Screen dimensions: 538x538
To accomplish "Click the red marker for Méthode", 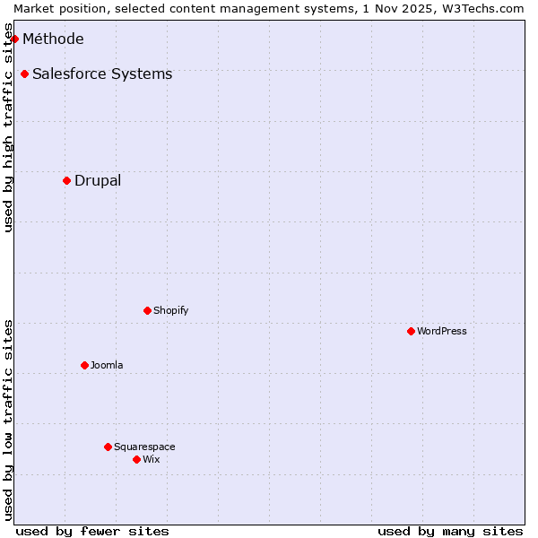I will point(14,39).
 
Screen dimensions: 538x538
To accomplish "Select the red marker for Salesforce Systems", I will point(24,74).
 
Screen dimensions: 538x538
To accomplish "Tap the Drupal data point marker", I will point(66,180).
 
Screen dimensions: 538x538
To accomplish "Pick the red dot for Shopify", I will point(147,310).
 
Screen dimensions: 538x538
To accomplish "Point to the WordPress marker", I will point(411,331).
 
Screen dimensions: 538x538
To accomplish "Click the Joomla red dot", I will point(84,365).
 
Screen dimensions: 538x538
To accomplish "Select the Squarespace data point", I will point(108,447).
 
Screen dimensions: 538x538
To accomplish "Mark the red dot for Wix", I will point(136,459).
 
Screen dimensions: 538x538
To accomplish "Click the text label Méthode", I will point(53,39).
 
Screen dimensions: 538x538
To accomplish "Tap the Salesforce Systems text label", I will point(102,74).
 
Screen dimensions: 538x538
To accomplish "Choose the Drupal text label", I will point(98,180).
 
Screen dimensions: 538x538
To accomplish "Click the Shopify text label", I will point(170,310).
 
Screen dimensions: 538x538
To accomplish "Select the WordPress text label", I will point(442,331).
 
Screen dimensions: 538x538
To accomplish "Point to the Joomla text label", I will point(107,365).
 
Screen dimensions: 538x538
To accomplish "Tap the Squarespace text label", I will point(144,447).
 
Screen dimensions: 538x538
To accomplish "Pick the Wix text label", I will point(152,459).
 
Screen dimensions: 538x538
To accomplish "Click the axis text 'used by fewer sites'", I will point(92,531).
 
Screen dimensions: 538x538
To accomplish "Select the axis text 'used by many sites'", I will point(450,531).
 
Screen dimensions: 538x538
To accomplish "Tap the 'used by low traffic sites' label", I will point(8,420).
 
